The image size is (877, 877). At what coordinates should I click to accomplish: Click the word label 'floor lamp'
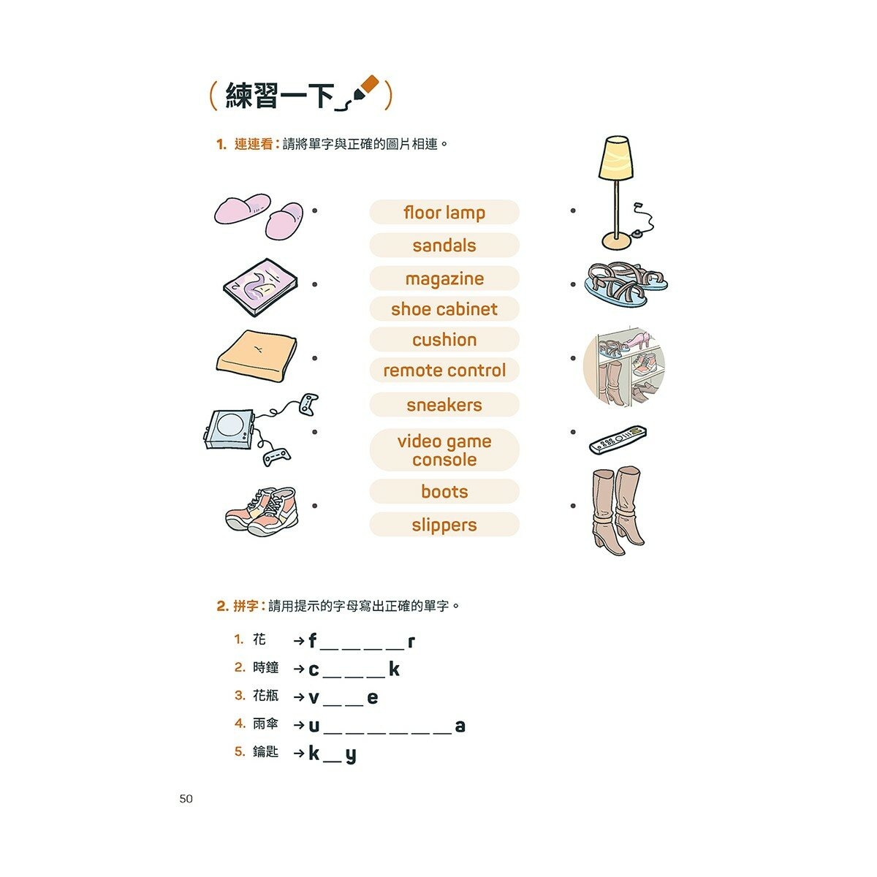444,213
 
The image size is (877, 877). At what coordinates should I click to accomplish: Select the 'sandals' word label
444,246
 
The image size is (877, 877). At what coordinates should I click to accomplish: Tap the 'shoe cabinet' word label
444,309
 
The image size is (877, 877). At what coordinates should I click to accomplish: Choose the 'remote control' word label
444,371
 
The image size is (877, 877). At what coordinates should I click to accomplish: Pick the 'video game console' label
444,450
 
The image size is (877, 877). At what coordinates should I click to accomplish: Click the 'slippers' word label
444,525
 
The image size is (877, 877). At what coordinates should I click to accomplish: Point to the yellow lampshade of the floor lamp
615,158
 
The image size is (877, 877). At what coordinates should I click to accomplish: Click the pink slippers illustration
259,216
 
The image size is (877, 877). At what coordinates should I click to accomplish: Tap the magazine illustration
260,286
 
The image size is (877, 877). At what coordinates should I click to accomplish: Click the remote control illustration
618,440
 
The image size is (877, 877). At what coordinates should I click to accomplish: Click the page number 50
186,799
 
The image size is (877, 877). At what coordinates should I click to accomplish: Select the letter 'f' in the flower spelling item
313,641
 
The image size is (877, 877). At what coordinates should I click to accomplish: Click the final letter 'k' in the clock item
394,669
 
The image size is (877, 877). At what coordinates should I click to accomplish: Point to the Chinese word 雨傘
265,724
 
